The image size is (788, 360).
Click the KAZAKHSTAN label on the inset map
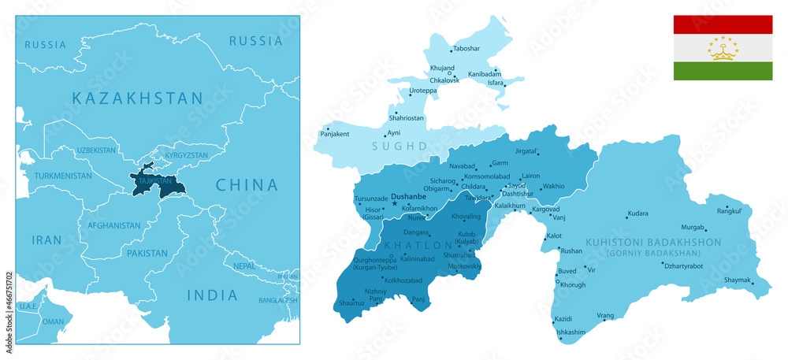tap(137, 98)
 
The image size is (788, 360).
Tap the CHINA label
tap(247, 185)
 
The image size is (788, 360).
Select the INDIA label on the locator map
tap(211, 295)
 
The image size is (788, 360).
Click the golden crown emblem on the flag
tap(723, 49)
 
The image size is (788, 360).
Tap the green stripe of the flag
tap(723, 71)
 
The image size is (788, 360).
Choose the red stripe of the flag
tap(723, 24)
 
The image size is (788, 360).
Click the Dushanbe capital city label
tap(408, 196)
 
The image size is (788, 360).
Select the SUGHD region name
tap(404, 146)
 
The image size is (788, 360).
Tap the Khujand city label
tap(442, 69)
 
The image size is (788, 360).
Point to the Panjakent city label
tap(335, 134)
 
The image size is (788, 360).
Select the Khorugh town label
tap(573, 284)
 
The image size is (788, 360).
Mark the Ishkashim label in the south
tap(571, 332)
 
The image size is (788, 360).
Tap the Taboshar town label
tap(466, 48)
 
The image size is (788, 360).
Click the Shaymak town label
tap(738, 280)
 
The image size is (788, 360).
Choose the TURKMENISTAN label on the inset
tap(62, 176)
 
